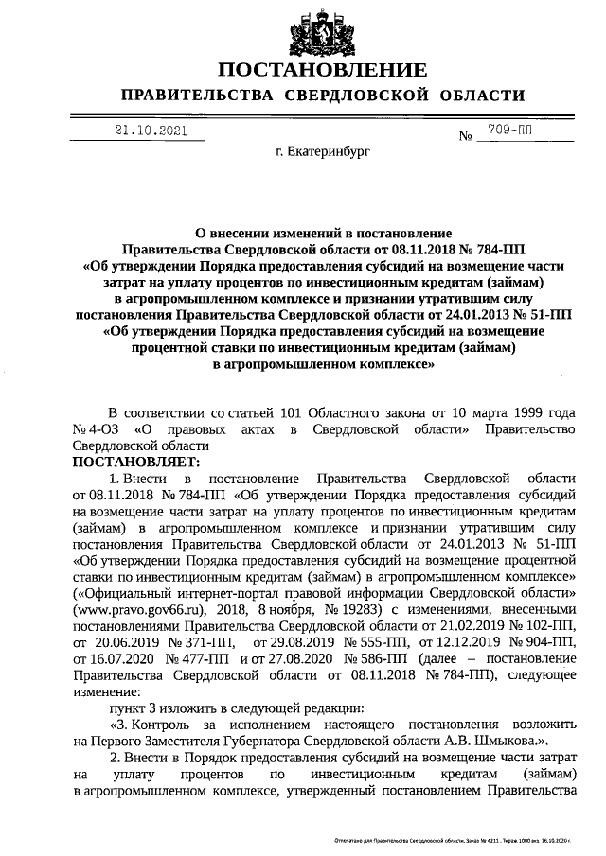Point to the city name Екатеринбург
(x=323, y=150)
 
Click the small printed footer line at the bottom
(x=455, y=839)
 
